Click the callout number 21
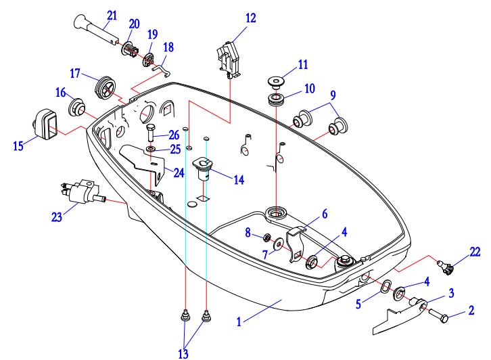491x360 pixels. click(x=112, y=15)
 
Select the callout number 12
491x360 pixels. click(x=251, y=18)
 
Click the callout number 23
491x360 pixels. click(x=56, y=217)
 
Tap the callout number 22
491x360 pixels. click(x=475, y=252)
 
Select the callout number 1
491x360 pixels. click(x=239, y=323)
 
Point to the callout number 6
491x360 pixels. click(x=324, y=214)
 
